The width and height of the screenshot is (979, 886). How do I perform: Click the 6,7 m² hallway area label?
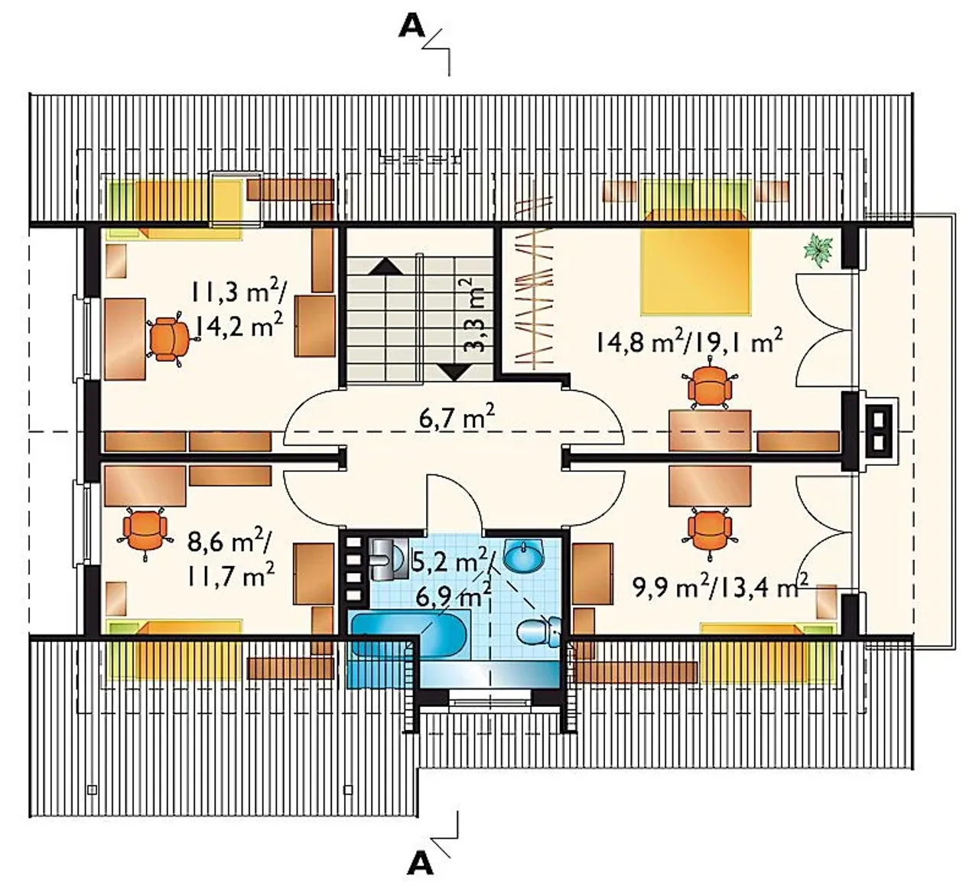[457, 418]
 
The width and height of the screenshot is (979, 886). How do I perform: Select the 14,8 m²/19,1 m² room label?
[688, 341]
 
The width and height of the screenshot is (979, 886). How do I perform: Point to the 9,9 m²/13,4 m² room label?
[720, 585]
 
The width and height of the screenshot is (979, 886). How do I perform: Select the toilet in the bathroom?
[538, 631]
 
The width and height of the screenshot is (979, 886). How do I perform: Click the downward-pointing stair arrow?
[455, 373]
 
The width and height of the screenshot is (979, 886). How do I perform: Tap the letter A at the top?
[411, 28]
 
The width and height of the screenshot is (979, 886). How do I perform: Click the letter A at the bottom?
[420, 864]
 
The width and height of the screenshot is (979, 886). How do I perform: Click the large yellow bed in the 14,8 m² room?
[695, 262]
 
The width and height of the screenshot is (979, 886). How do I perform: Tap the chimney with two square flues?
[878, 430]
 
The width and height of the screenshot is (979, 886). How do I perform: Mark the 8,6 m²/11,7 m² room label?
[230, 559]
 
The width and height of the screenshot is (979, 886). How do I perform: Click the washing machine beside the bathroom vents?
[389, 559]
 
